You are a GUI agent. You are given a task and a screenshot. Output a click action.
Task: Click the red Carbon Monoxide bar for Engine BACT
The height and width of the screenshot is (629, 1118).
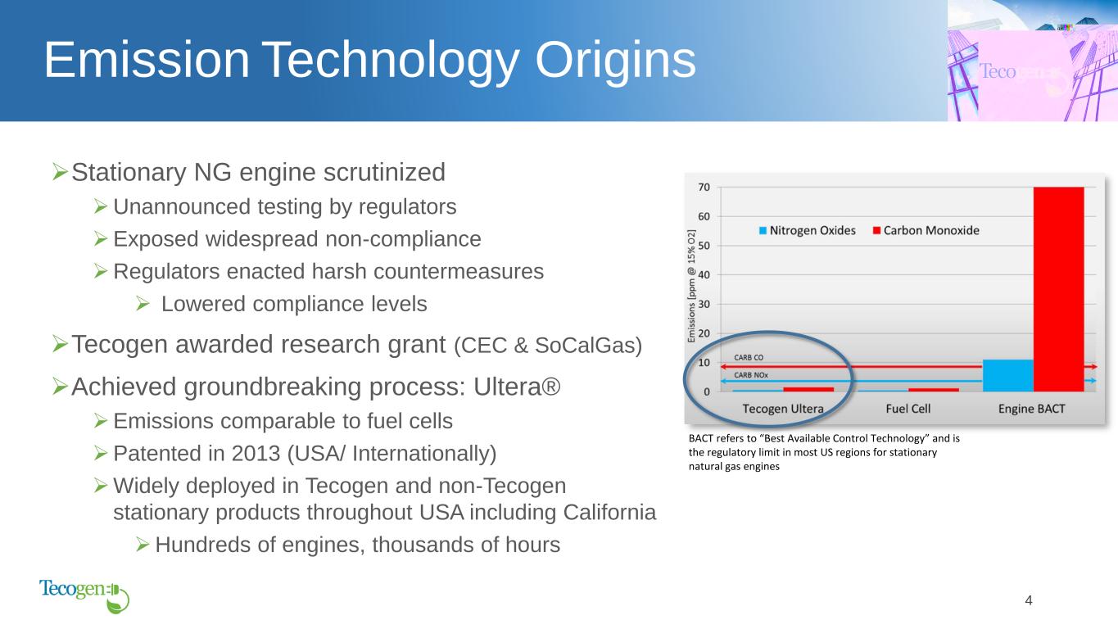click(1058, 289)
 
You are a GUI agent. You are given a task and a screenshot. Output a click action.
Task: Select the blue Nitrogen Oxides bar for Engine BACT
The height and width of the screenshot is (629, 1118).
click(1008, 375)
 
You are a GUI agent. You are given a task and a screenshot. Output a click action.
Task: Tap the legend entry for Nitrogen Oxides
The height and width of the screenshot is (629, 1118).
click(807, 231)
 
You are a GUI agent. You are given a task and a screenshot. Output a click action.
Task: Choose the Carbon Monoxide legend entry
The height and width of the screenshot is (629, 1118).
click(926, 231)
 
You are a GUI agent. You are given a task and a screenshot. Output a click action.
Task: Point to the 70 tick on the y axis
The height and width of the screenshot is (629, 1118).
click(704, 188)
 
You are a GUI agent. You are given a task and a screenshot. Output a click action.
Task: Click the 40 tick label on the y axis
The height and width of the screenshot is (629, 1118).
click(704, 274)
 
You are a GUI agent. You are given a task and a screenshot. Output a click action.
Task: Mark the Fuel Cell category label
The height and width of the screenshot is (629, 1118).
click(908, 409)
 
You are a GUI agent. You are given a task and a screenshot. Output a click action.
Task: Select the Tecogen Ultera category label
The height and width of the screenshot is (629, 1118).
click(783, 409)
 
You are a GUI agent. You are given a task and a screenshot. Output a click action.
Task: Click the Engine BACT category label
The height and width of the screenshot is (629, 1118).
click(1032, 409)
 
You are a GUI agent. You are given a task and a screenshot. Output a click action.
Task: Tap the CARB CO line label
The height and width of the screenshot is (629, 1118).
click(749, 357)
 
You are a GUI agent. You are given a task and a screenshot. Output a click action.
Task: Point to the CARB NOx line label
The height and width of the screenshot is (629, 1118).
click(751, 375)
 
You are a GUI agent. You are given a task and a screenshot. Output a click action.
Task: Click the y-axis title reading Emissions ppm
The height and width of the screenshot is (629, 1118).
click(691, 286)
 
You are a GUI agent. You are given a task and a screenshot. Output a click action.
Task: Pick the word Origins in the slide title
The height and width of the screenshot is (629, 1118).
click(615, 61)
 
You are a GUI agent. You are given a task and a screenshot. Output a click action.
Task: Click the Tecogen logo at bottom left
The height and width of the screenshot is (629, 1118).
click(84, 595)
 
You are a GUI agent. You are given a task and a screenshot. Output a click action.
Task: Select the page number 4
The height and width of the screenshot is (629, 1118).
click(1029, 600)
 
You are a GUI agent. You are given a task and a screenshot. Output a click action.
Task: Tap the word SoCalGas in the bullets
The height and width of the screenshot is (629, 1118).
click(588, 346)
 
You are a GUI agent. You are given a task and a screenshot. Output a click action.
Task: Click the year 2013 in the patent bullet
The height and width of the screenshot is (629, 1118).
click(256, 453)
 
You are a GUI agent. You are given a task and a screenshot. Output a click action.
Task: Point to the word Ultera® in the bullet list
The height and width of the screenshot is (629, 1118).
click(517, 387)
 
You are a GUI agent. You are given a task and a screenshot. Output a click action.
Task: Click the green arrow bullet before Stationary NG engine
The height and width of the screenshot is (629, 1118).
click(60, 172)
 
